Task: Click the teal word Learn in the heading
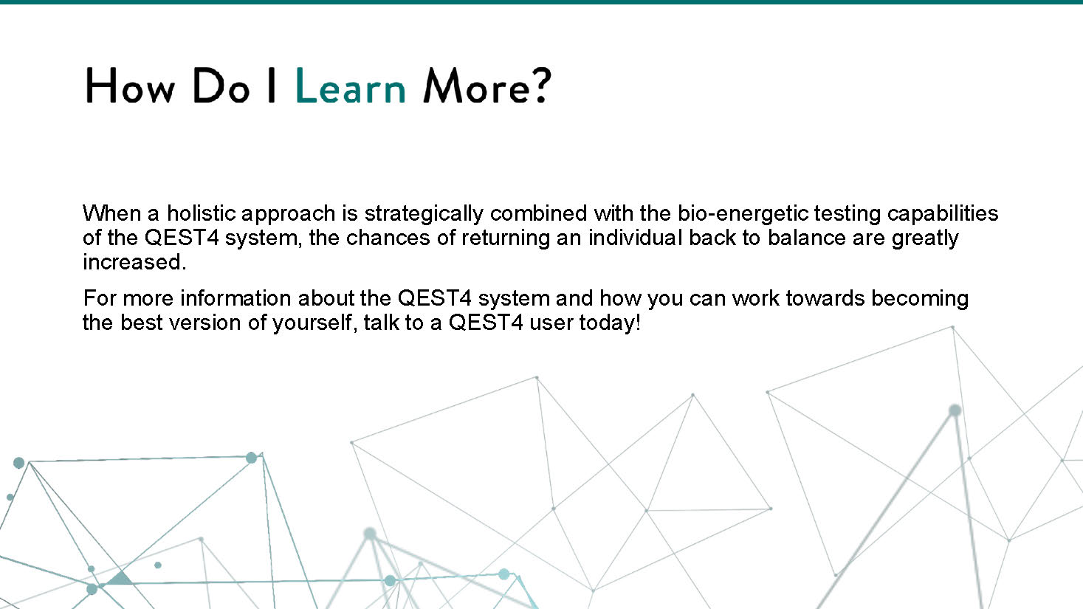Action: (350, 86)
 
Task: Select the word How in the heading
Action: (130, 86)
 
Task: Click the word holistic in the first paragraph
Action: (202, 213)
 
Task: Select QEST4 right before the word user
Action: (486, 323)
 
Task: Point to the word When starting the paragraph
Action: (111, 213)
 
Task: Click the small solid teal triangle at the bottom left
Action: (120, 579)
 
